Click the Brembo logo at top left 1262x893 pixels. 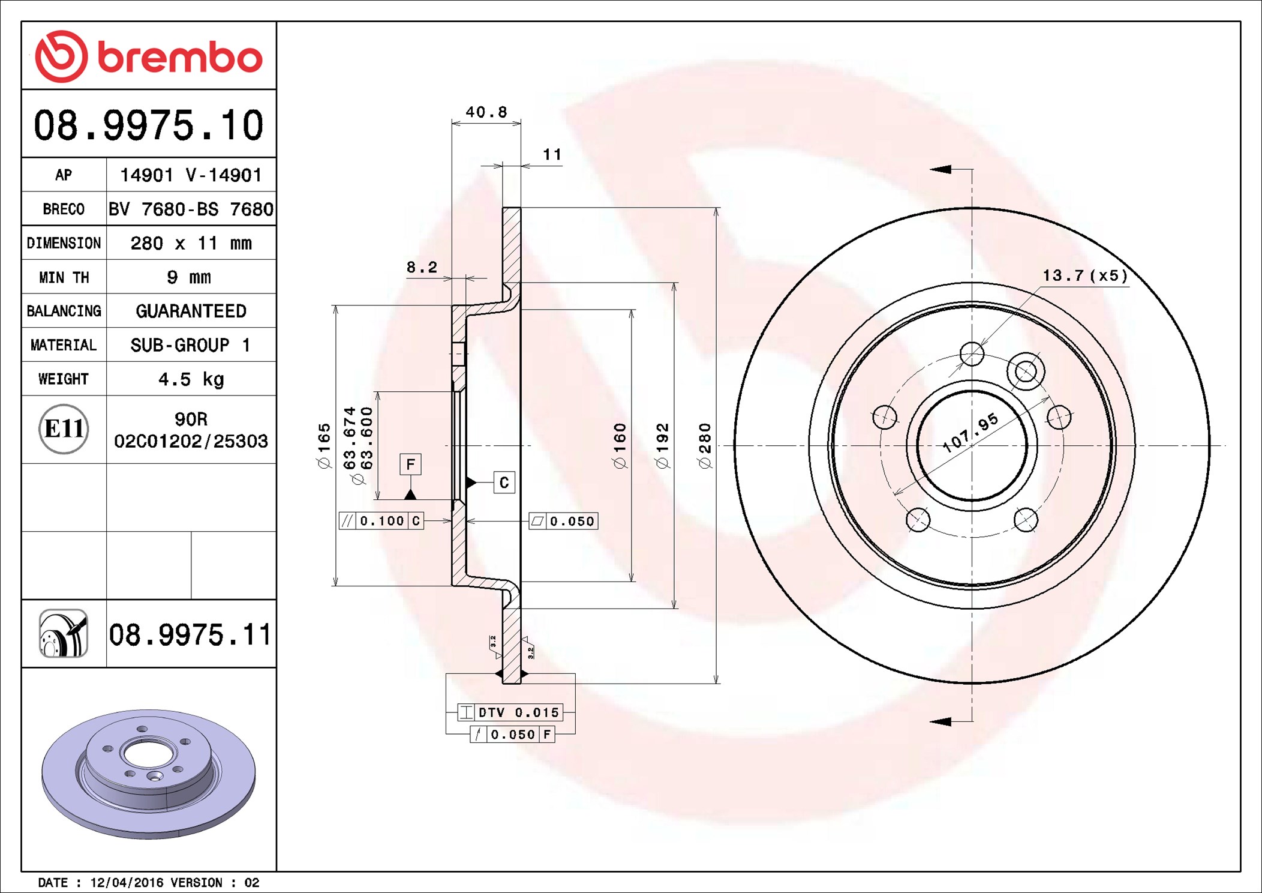tap(149, 56)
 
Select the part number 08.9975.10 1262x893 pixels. tap(149, 125)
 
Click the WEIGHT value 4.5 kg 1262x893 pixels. tap(191, 379)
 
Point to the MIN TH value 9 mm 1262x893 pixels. tap(189, 277)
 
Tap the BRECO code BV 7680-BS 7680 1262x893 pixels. tap(191, 209)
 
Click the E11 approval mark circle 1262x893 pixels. tap(64, 429)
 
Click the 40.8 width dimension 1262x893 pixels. tap(486, 112)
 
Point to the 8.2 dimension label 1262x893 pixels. tap(422, 267)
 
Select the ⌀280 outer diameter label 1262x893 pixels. tap(705, 445)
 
